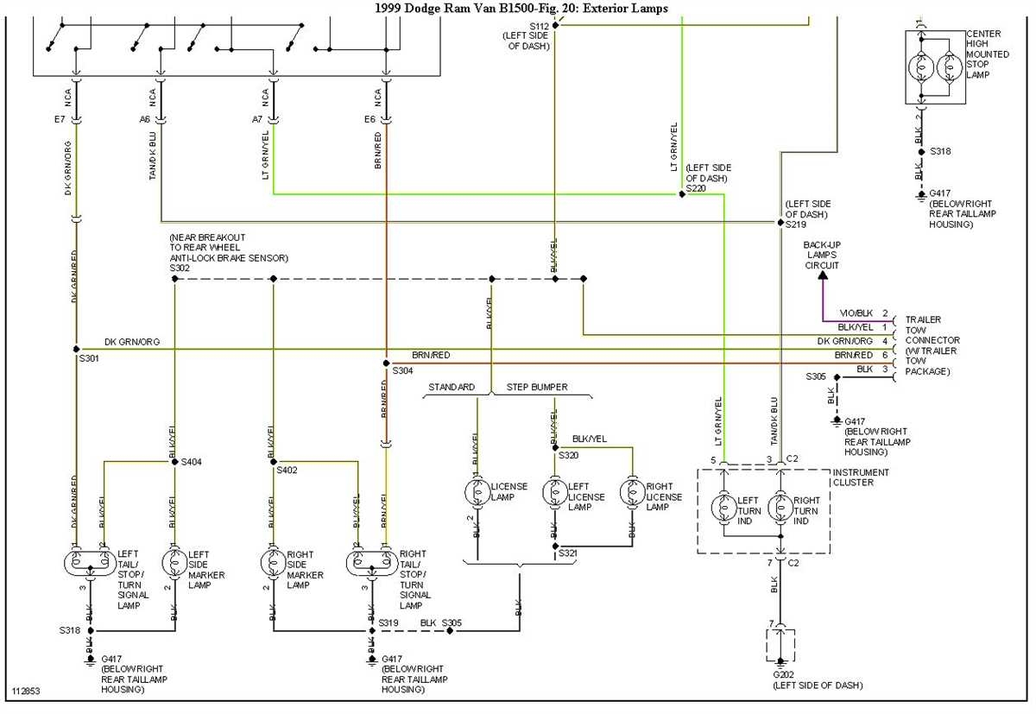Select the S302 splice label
click(180, 269)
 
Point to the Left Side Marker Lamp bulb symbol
click(175, 563)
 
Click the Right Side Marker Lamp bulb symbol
click(274, 563)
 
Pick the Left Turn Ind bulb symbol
click(723, 507)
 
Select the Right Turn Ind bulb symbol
click(780, 507)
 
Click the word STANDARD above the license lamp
click(452, 387)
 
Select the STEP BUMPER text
click(537, 387)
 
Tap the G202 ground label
click(784, 673)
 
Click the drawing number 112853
click(26, 692)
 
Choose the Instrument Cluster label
click(861, 477)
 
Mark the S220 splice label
click(696, 187)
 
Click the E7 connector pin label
click(60, 118)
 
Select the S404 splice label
click(191, 462)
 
